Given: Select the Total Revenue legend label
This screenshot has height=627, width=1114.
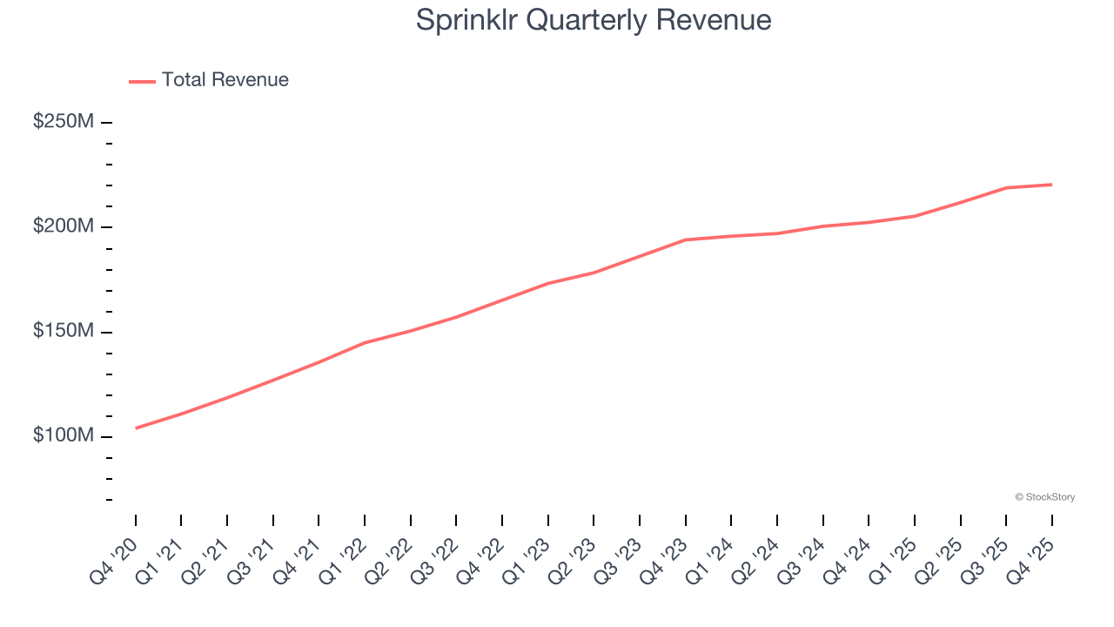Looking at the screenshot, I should pyautogui.click(x=225, y=80).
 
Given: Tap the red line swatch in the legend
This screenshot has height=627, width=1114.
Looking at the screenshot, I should pyautogui.click(x=142, y=81).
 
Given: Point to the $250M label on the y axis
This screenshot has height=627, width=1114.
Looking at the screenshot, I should pyautogui.click(x=64, y=122).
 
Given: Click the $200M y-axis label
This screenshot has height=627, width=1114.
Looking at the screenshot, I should pyautogui.click(x=64, y=226).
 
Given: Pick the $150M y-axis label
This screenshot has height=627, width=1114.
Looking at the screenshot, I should pyautogui.click(x=64, y=332).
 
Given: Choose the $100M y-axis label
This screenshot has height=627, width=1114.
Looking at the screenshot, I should pyautogui.click(x=64, y=436).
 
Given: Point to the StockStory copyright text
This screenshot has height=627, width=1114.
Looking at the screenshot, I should pyautogui.click(x=1044, y=497).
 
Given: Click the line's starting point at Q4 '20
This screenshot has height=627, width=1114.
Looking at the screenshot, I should pyautogui.click(x=136, y=428).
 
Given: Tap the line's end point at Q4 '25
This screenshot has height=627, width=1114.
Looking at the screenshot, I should pyautogui.click(x=1051, y=185).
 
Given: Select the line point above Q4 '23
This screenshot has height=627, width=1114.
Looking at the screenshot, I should pyautogui.click(x=686, y=239).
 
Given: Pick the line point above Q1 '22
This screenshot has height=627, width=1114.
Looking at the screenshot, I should pyautogui.click(x=365, y=342).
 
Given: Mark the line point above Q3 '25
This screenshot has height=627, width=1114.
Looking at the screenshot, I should pyautogui.click(x=1006, y=187).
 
